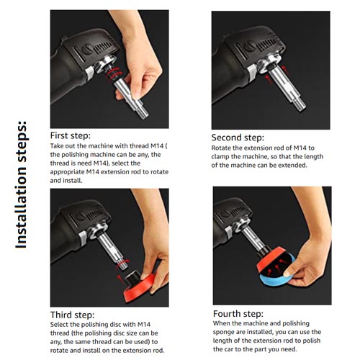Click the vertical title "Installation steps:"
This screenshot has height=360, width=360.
tap(21, 185)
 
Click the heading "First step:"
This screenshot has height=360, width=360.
tap(71, 135)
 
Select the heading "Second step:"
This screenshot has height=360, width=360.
tap(238, 138)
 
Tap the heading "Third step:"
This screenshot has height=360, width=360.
tap(72, 315)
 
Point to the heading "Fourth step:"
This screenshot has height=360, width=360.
tap(238, 314)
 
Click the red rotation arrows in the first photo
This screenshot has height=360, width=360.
tap(114, 73)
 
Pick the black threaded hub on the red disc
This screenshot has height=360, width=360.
tap(133, 276)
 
